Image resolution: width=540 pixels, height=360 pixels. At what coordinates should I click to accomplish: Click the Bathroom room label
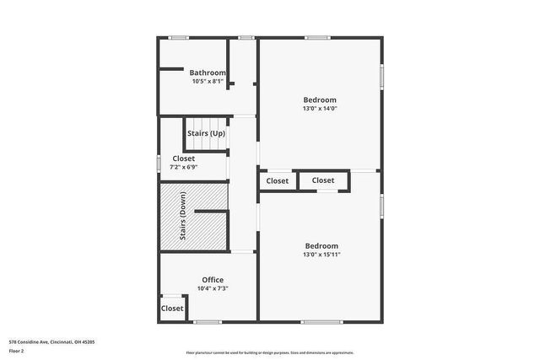(207, 73)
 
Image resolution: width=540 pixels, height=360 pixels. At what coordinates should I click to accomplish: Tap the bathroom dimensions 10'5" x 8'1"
(207, 81)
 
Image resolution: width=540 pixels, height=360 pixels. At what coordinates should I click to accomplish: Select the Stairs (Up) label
(206, 134)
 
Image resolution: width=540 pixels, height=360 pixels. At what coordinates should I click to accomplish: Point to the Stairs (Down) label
(183, 215)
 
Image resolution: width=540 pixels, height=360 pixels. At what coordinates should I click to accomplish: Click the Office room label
(213, 280)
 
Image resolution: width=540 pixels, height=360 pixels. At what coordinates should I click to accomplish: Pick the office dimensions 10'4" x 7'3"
(213, 288)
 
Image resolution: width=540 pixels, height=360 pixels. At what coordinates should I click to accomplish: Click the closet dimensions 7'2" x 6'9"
(183, 167)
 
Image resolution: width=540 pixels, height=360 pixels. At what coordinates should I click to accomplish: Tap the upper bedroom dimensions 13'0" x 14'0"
(320, 108)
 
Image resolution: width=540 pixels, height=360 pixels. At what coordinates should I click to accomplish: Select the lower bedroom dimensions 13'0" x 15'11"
(321, 254)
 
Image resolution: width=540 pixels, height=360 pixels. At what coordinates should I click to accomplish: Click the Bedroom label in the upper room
(320, 99)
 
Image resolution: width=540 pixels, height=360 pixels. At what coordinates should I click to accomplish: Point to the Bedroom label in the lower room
(321, 245)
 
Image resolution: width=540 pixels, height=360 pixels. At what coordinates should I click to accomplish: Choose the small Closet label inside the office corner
(172, 309)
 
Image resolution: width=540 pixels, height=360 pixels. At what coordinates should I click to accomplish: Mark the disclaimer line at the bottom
(270, 352)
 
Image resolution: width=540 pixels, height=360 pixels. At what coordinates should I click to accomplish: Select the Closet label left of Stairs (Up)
(183, 159)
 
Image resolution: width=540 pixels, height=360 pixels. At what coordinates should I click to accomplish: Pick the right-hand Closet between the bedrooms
(322, 180)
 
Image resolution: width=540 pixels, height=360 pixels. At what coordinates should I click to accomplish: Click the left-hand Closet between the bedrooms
(278, 181)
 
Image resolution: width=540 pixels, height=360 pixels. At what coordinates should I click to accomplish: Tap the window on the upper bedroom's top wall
(317, 37)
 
